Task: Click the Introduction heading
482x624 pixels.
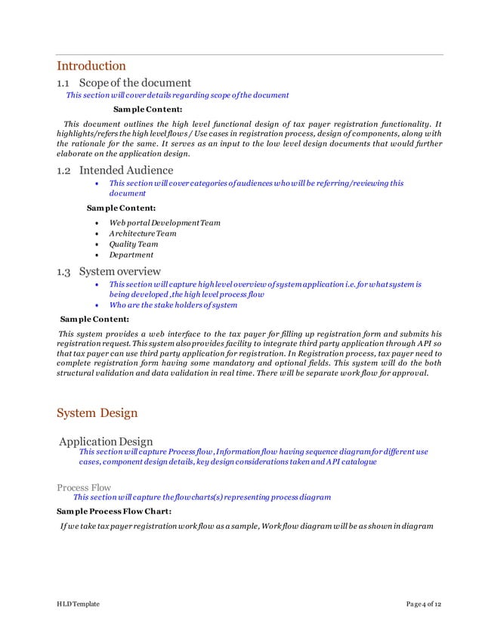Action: tap(91, 66)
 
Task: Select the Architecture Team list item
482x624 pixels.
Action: tap(143, 233)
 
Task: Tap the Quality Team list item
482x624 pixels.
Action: tap(134, 244)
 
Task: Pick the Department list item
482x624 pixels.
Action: tap(131, 255)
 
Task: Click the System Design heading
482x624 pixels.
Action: tap(97, 412)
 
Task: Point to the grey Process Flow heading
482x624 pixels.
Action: tap(83, 487)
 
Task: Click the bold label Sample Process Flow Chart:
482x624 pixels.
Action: tap(114, 511)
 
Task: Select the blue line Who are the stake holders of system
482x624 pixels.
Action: tap(173, 305)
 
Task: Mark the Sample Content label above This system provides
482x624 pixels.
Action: tap(94, 319)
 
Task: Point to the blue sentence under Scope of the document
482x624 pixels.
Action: tap(178, 95)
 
